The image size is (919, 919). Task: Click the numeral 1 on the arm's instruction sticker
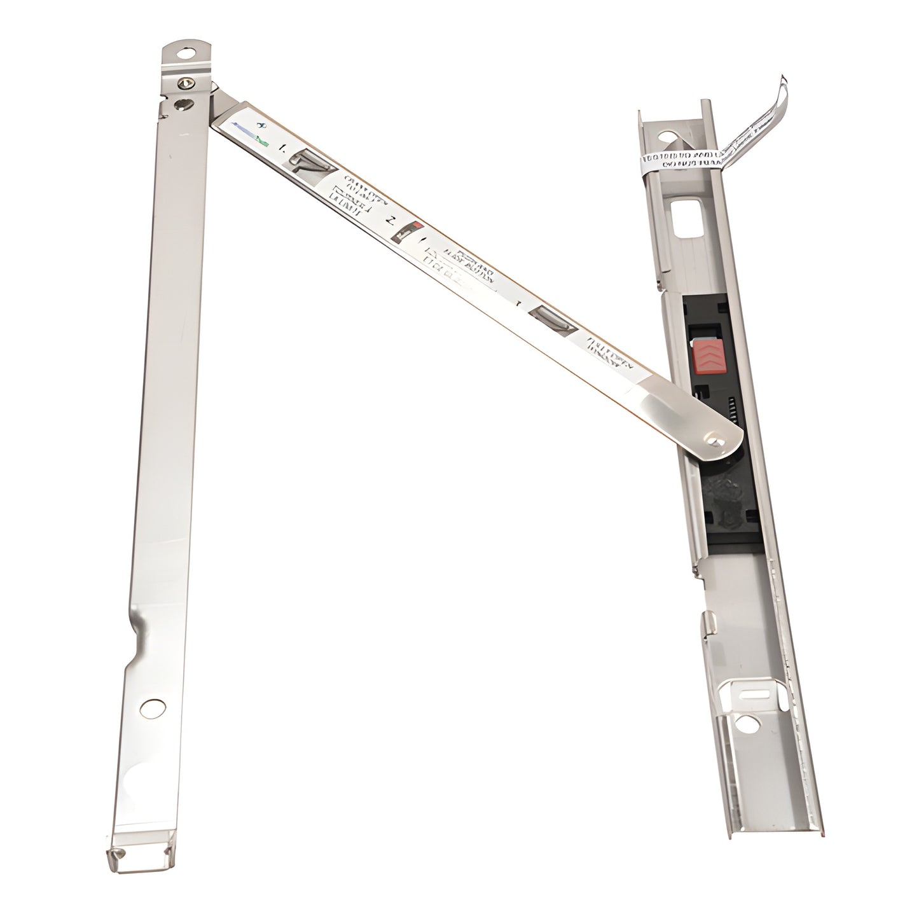(282, 149)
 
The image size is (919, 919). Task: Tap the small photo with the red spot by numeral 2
(406, 233)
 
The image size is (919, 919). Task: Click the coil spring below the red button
(729, 407)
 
